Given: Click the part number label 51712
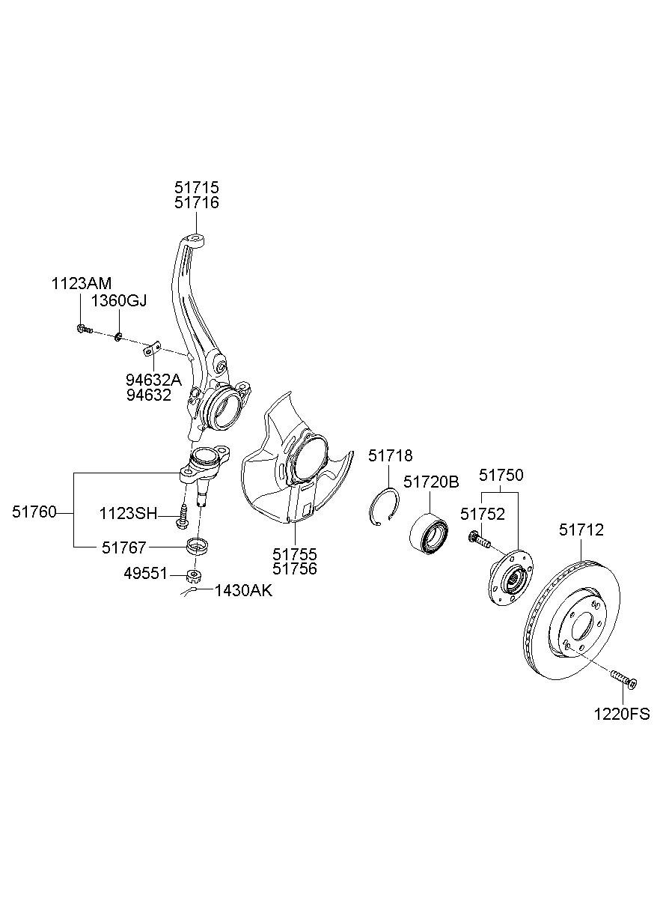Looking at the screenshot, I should (581, 530).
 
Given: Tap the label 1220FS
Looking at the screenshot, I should (622, 714).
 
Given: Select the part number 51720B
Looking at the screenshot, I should (430, 482).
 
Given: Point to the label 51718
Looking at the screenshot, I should (390, 456).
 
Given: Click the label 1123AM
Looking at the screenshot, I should (81, 283).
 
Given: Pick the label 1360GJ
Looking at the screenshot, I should (119, 301).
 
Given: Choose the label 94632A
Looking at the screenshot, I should (153, 379).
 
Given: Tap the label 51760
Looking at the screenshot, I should (34, 512).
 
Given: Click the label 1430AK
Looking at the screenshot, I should (243, 591).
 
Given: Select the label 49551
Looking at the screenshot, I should (146, 574).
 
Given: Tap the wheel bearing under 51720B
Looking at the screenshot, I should (429, 533).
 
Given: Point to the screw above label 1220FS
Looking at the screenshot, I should (623, 679).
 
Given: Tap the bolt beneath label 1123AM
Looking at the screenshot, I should (83, 328).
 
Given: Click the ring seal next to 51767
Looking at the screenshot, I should (195, 544).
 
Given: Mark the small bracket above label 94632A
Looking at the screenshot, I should (153, 348).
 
